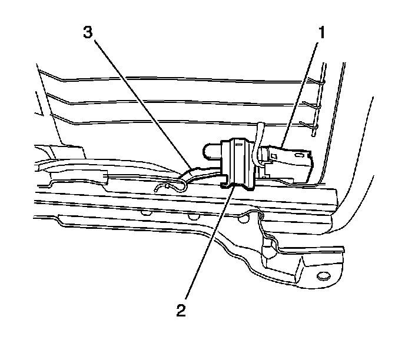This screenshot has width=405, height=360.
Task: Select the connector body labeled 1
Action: (288, 165)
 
